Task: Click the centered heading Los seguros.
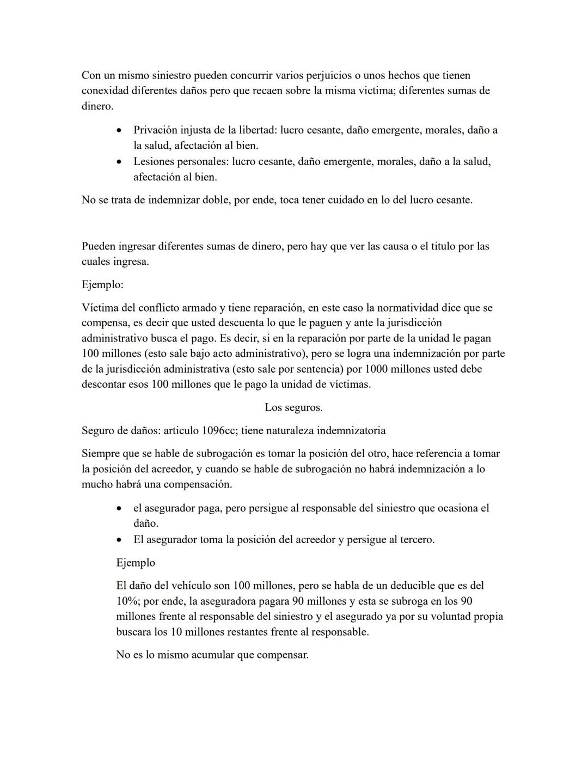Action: point(293,407)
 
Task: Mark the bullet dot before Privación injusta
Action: point(119,131)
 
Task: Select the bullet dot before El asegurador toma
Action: point(119,540)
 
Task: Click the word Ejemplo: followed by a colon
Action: point(102,284)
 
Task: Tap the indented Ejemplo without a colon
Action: point(136,563)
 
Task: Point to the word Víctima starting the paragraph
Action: point(100,308)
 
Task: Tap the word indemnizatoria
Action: point(351,430)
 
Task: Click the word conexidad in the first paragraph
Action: point(105,90)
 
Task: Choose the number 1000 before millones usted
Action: point(377,369)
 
